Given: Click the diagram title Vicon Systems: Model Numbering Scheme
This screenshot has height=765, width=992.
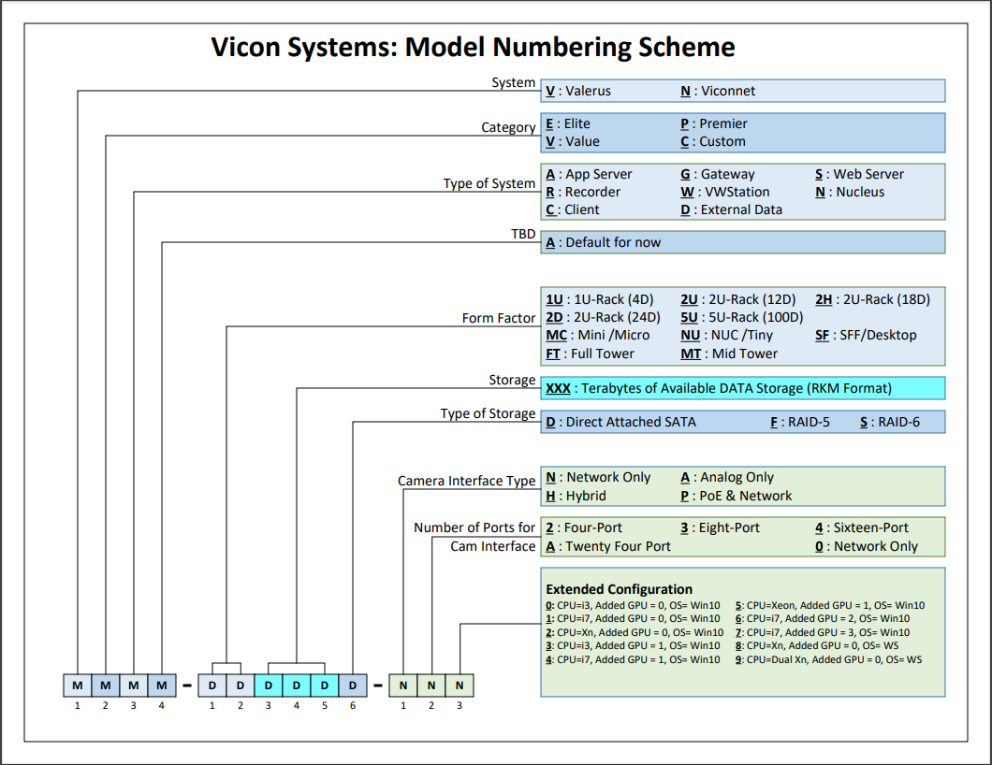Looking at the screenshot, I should coord(473,47).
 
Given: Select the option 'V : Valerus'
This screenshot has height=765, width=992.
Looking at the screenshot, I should coord(578,91).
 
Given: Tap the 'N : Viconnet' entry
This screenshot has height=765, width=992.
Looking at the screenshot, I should coord(718,91).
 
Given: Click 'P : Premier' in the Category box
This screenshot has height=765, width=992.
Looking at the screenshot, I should coord(714,123).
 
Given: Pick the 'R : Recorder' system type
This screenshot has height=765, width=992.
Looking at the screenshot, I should coord(583,192).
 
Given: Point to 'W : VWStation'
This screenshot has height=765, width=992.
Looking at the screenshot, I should coord(725,192).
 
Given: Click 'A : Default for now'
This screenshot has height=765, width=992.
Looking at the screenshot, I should coord(604,242).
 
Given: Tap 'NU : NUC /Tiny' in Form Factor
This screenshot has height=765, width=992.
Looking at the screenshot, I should coord(726,335).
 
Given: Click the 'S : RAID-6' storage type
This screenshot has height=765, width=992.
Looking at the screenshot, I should coord(890,422).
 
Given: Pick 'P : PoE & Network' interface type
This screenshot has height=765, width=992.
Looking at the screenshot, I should coord(737,496).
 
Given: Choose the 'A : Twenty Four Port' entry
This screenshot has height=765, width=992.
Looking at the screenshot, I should coord(608,546).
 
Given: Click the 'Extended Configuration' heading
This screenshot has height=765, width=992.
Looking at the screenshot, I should coord(619,589).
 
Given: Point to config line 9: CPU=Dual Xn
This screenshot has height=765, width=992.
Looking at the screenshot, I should coord(828,659).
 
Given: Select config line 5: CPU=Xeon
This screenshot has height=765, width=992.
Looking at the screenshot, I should coord(829,605).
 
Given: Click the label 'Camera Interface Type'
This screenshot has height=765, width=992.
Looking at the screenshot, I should coord(466,481).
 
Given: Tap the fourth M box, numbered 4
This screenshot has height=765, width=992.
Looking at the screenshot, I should coord(161,685).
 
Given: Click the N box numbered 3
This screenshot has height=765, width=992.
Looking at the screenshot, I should coord(460,685).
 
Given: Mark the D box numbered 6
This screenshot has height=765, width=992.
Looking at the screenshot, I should coord(353,685).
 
